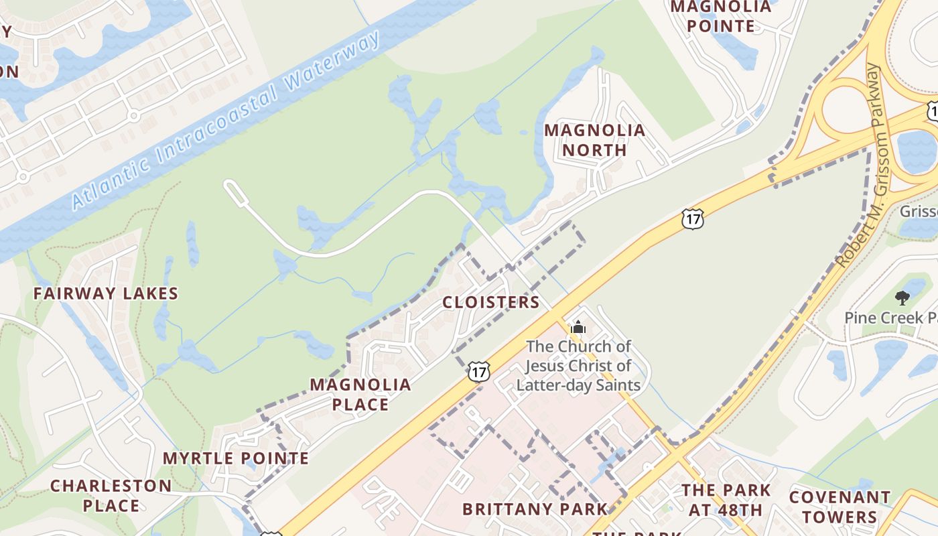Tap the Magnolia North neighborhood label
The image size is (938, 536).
(594, 139)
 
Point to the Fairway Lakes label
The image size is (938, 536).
(106, 293)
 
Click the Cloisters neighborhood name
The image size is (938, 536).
(491, 302)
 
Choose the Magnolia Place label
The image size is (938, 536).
(360, 395)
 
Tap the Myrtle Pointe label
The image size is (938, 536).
(236, 458)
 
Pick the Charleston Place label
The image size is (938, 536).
(111, 495)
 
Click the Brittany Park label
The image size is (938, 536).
(535, 509)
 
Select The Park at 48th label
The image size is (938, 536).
(726, 500)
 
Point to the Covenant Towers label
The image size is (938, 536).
(840, 507)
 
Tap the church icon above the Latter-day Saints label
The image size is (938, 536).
(578, 328)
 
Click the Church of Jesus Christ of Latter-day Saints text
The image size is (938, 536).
(578, 365)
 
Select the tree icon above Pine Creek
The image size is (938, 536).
(902, 297)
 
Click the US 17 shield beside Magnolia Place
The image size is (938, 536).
(479, 371)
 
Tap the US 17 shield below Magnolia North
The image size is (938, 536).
(693, 218)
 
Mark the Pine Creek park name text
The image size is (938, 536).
(890, 318)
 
